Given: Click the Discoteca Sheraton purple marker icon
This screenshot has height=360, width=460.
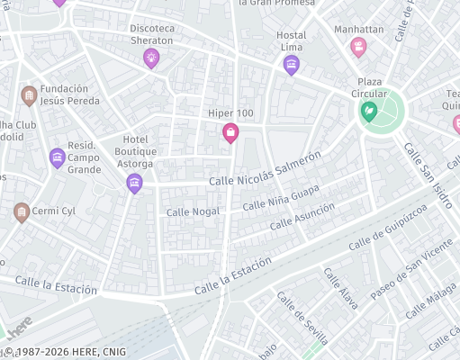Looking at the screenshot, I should click(150, 58).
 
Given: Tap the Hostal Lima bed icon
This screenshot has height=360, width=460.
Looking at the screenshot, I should click(291, 65).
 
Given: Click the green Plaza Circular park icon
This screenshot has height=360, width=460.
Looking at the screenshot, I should click(368, 112).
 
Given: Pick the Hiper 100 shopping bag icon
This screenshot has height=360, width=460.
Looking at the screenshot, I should click(230, 133).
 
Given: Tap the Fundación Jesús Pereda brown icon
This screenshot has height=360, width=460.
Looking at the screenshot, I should click(29, 95).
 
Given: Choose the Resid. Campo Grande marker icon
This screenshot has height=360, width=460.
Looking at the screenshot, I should click(57, 158).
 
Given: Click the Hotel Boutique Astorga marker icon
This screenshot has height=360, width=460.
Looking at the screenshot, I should click(134, 184).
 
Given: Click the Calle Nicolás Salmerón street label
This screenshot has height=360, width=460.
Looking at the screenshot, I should click(265, 170).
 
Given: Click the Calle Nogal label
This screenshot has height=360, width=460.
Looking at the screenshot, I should click(194, 212).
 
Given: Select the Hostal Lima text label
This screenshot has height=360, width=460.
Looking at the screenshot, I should click(291, 40).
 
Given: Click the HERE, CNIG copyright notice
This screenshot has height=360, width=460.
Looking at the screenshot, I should click(65, 352).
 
